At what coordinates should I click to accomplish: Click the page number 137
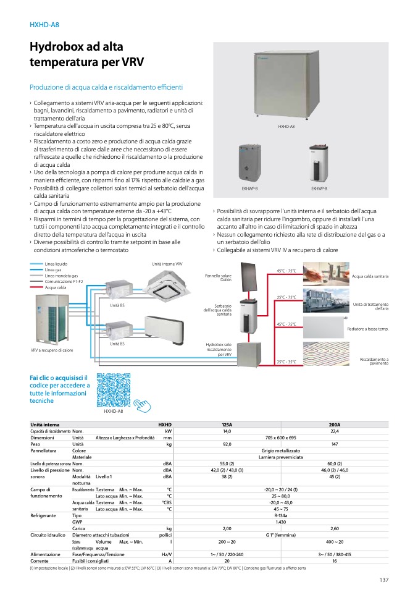pyautogui.click(x=383, y=579)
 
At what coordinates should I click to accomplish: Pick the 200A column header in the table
pyautogui.click(x=335, y=425)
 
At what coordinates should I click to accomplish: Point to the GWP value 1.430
pyautogui.click(x=281, y=522)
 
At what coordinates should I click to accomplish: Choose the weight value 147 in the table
pyautogui.click(x=335, y=444)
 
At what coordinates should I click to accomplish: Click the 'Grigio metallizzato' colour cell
pyautogui.click(x=281, y=450)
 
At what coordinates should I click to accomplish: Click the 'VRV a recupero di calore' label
pyautogui.click(x=52, y=350)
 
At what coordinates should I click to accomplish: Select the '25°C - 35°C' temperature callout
pyautogui.click(x=286, y=362)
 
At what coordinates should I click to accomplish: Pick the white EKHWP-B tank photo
pyautogui.click(x=319, y=163)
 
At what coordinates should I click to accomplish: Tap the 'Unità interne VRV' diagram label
pyautogui.click(x=167, y=264)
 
